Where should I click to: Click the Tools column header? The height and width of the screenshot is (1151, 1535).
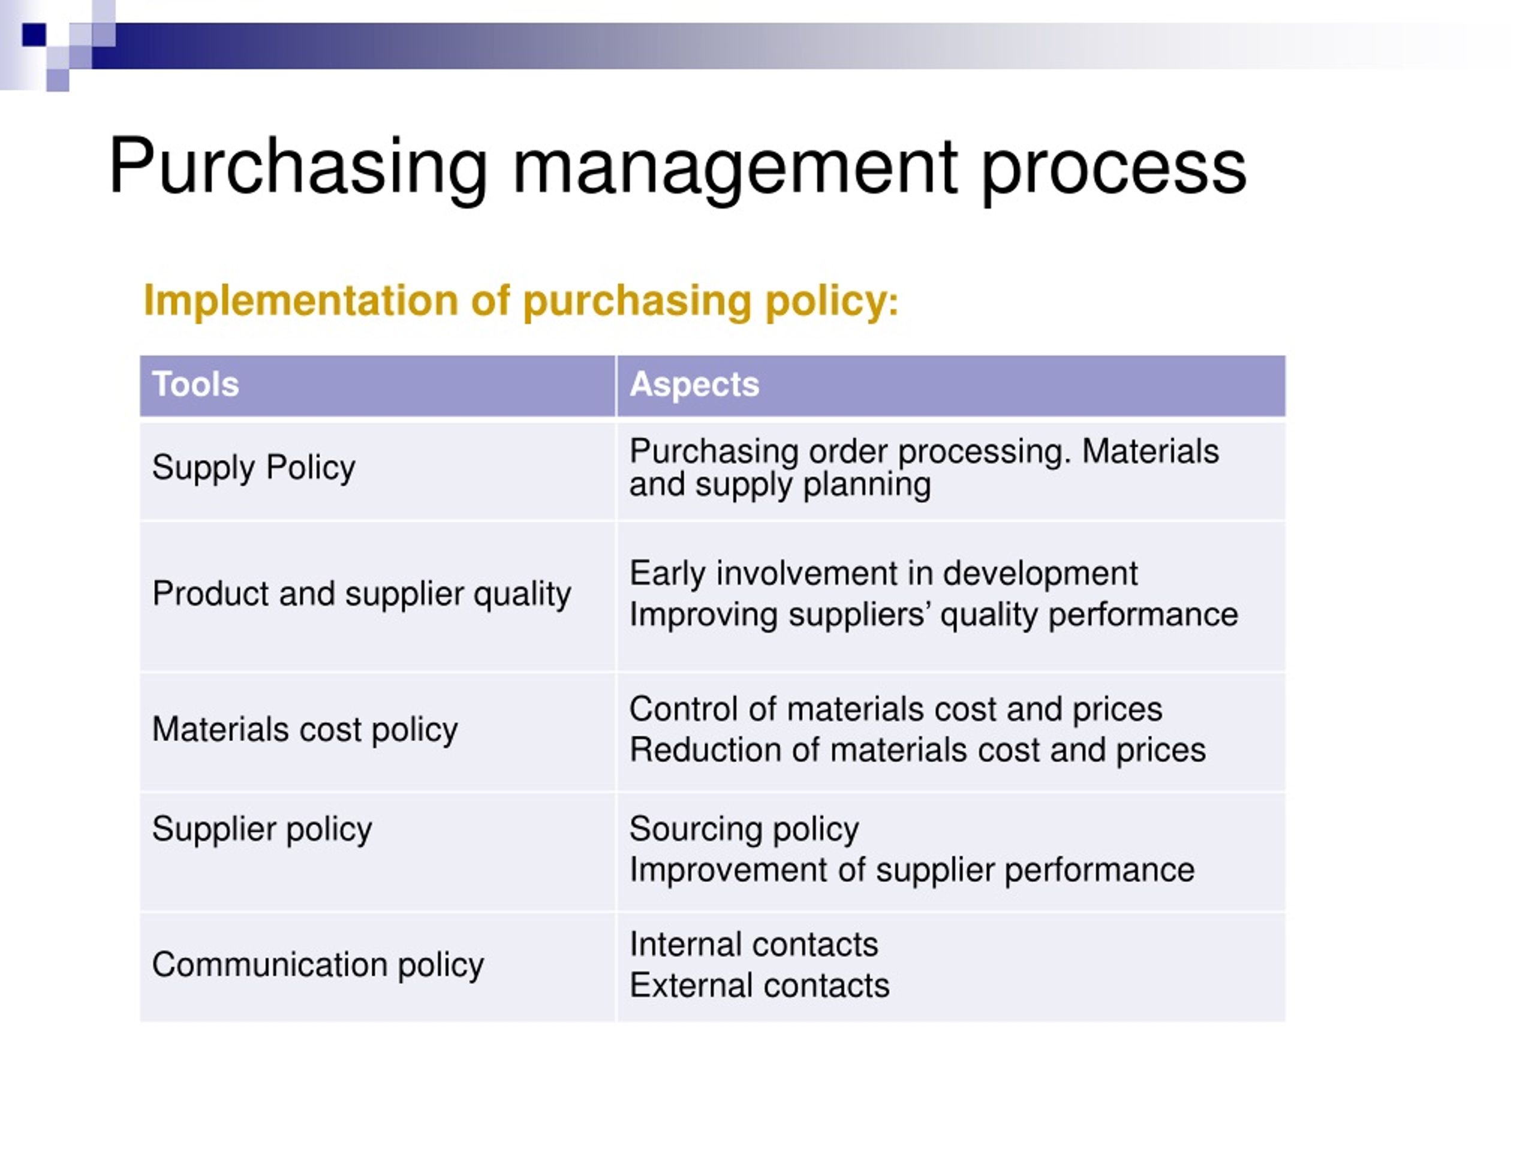(195, 384)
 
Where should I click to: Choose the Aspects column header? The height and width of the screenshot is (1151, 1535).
(694, 384)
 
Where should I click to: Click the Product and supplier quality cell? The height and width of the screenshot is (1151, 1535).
(362, 594)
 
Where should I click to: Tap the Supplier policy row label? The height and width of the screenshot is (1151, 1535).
(261, 829)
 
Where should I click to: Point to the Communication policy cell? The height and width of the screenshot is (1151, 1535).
(318, 965)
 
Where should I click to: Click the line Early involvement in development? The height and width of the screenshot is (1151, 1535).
(883, 574)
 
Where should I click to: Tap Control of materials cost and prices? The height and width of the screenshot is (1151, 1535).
(895, 710)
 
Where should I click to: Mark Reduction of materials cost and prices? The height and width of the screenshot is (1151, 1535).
(917, 751)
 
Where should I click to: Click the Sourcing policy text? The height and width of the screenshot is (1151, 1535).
(744, 829)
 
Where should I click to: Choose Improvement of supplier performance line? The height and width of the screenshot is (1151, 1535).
(911, 870)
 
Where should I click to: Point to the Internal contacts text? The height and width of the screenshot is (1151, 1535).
(754, 945)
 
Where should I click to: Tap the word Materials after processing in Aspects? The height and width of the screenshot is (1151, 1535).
(1150, 451)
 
